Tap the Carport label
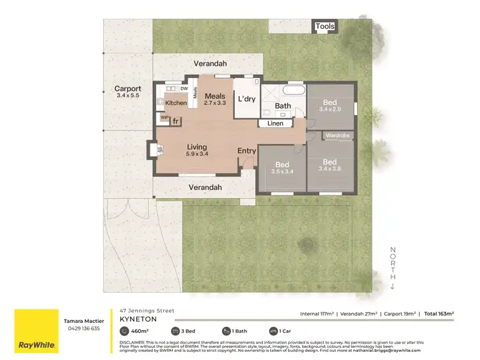[x=127, y=89]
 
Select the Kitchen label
[x=176, y=103]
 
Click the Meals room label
[x=215, y=97]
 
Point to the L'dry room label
[x=246, y=100]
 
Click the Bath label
[x=283, y=106]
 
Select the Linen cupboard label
[x=276, y=123]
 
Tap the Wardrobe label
[x=337, y=136]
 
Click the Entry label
[x=246, y=151]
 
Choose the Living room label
[x=196, y=147]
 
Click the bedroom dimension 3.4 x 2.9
[x=330, y=109]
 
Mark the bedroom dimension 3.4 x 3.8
[x=330, y=169]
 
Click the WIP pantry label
[x=164, y=118]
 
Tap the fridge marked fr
[x=175, y=120]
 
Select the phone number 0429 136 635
[x=82, y=328]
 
